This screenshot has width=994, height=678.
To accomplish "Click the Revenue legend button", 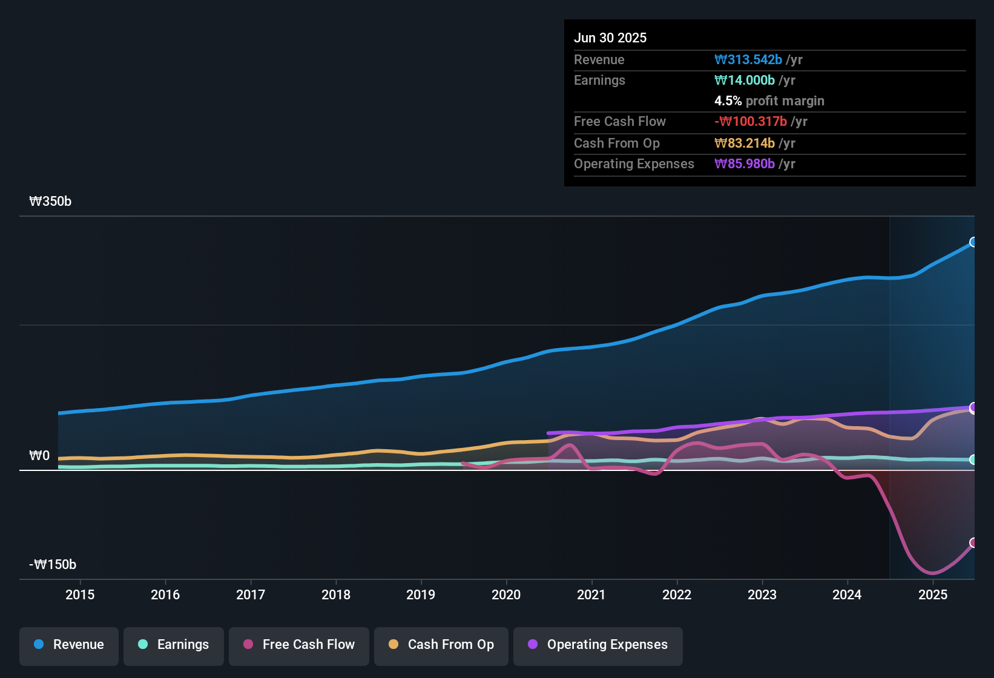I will click(69, 645).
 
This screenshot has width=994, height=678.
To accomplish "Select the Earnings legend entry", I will click(174, 645).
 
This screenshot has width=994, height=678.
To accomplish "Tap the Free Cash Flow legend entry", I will click(299, 645).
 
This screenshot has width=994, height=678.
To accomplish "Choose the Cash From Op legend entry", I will click(441, 645).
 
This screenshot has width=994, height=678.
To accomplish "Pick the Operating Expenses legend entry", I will click(598, 645).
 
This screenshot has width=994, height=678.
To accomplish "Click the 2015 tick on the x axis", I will click(80, 594).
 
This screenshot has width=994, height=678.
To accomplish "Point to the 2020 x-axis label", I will click(506, 594).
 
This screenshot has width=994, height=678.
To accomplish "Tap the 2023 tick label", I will click(762, 594).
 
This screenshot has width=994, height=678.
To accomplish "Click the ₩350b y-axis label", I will click(50, 202).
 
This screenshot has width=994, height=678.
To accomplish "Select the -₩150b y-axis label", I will click(53, 565).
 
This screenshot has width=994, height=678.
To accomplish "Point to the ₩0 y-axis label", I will click(39, 456).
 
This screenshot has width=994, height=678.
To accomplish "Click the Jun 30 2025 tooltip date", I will click(610, 38).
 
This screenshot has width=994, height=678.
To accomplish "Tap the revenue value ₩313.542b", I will click(748, 59).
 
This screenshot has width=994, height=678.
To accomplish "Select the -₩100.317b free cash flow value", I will click(751, 121).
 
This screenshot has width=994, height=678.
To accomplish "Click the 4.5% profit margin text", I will click(769, 100).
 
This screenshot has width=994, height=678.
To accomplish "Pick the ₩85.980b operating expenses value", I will click(745, 163).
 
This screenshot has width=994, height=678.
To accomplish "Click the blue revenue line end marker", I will click(973, 242).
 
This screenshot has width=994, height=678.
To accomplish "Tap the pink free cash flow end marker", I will click(973, 542).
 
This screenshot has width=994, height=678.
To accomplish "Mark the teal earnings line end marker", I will click(973, 459).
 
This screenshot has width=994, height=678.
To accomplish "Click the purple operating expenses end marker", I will click(973, 407).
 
